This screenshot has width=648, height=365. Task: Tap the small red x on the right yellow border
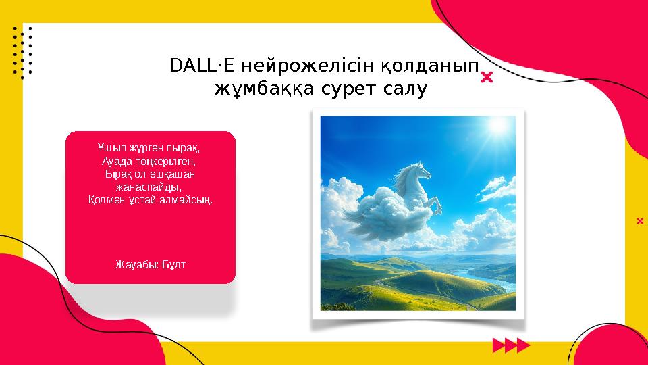click(x=640, y=220)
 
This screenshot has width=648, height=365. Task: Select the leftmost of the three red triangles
click(x=500, y=347)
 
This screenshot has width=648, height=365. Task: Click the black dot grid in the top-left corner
click(x=22, y=51)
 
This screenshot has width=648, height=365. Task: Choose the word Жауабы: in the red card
click(x=137, y=263)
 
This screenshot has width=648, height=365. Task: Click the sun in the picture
click(x=498, y=126)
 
